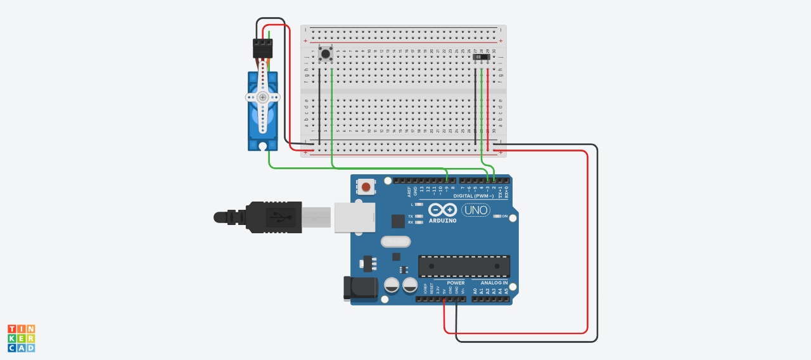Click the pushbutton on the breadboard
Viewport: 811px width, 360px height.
326,54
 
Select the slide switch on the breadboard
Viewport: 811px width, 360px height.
482,57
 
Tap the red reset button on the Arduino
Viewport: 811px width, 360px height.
366,186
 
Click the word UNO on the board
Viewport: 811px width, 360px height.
475,210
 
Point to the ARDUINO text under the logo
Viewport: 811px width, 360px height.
443,221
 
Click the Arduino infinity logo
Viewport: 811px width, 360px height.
442,210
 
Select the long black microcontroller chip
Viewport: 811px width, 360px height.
464,266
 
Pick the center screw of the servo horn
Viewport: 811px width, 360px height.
262,97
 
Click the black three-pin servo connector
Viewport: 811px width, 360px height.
262,48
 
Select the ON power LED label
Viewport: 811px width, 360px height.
505,216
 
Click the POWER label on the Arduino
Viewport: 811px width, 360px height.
456,283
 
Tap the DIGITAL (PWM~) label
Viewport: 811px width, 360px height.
473,196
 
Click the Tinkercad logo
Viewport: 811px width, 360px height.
21,338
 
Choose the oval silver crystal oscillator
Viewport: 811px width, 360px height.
396,241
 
